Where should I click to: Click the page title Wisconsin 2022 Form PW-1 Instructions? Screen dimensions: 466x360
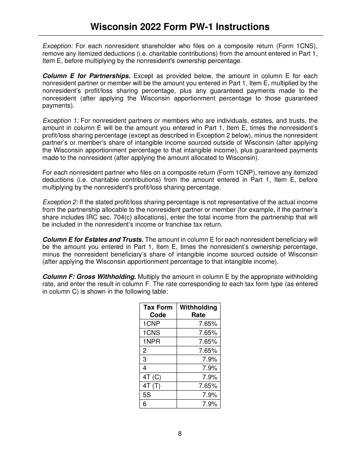click(x=180, y=27)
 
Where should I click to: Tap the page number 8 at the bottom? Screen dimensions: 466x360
click(x=180, y=434)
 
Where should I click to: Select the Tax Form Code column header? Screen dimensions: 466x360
click(x=158, y=311)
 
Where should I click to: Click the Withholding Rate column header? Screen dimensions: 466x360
click(x=198, y=311)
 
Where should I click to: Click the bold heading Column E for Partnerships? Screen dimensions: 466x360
click(x=86, y=76)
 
